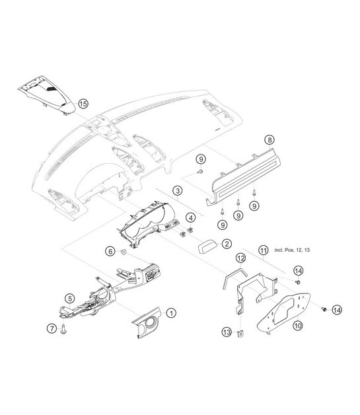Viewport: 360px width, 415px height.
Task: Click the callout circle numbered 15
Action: coord(83,103)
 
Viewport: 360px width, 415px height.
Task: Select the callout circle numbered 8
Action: coord(268,139)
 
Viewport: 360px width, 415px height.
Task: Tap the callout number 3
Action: coord(178,192)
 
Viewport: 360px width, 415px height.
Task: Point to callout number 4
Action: coord(190,217)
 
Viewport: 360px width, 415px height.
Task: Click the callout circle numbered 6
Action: coord(110,250)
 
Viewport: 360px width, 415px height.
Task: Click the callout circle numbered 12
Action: coord(240,258)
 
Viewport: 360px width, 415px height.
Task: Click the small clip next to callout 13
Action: coord(240,332)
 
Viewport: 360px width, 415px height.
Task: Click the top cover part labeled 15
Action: coord(46,93)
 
